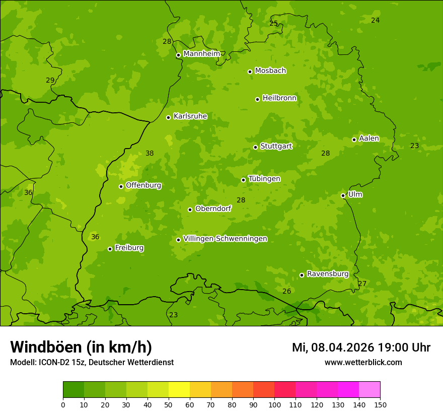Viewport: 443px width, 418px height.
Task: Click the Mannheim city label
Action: point(201,54)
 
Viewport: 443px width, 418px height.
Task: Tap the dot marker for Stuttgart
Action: point(255,147)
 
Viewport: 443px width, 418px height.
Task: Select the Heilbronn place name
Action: point(279,98)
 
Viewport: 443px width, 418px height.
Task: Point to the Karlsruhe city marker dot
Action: point(168,117)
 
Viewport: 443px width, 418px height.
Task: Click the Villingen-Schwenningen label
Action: point(225,239)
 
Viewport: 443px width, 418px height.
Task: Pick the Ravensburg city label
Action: point(327,274)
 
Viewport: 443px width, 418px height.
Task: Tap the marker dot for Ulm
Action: point(343,195)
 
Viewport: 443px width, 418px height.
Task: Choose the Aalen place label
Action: point(368,138)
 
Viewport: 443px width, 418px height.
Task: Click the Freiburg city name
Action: point(129,248)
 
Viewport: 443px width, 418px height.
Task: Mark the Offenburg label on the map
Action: point(143,185)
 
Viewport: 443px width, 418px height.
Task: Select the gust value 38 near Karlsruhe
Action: point(150,153)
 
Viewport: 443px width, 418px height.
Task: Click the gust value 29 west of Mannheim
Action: point(50,80)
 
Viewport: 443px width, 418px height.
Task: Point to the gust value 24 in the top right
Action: point(375,20)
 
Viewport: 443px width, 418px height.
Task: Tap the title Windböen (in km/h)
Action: point(81,347)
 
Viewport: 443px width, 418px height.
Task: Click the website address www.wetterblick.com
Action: point(363,362)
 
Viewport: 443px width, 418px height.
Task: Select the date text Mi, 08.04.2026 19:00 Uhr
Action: point(361,347)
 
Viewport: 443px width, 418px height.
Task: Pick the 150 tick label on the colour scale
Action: point(380,404)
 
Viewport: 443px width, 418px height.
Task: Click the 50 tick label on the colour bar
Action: point(169,404)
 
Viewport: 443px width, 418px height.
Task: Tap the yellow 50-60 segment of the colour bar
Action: point(179,389)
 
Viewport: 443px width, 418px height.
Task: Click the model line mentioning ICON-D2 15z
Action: point(92,362)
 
